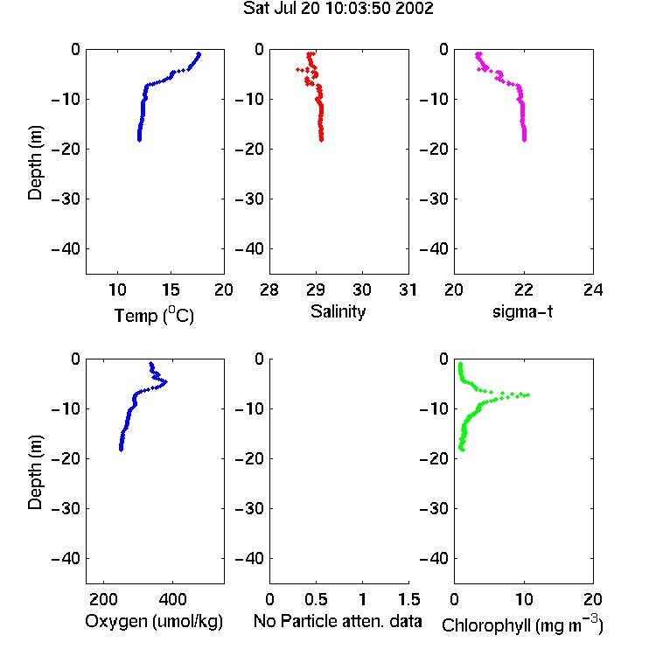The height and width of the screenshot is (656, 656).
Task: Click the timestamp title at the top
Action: coord(338,9)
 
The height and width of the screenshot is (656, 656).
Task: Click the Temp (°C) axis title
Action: coord(154,315)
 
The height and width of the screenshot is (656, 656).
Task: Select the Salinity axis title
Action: coord(338,311)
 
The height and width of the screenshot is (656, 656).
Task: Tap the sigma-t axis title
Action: coord(522,311)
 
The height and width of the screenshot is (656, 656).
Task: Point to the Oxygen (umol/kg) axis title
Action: coord(154,621)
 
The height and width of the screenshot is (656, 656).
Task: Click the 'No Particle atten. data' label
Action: coord(338,621)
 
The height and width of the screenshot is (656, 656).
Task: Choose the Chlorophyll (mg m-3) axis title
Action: coord(522,625)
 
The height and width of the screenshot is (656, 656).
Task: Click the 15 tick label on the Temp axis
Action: coord(171,290)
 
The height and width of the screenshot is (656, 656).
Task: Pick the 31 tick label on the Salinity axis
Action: coord(408,290)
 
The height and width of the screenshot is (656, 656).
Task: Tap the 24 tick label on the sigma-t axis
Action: coord(593,290)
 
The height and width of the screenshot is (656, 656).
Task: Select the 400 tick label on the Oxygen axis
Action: coord(172,599)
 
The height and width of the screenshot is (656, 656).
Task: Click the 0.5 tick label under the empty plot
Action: coord(317,599)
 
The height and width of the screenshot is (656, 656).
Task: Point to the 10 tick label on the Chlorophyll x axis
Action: coord(524,599)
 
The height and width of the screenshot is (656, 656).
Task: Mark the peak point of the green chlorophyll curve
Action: coord(528,395)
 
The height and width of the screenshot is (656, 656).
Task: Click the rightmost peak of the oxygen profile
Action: coord(166,381)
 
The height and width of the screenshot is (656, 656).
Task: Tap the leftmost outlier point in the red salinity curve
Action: coord(297,69)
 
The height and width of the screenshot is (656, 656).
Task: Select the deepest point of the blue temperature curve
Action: coord(139,140)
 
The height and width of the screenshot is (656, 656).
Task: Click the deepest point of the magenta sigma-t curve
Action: coord(524,140)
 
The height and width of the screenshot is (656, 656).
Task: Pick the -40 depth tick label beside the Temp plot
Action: coord(66,249)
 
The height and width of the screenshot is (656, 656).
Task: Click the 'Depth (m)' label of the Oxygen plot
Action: coord(35,472)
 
